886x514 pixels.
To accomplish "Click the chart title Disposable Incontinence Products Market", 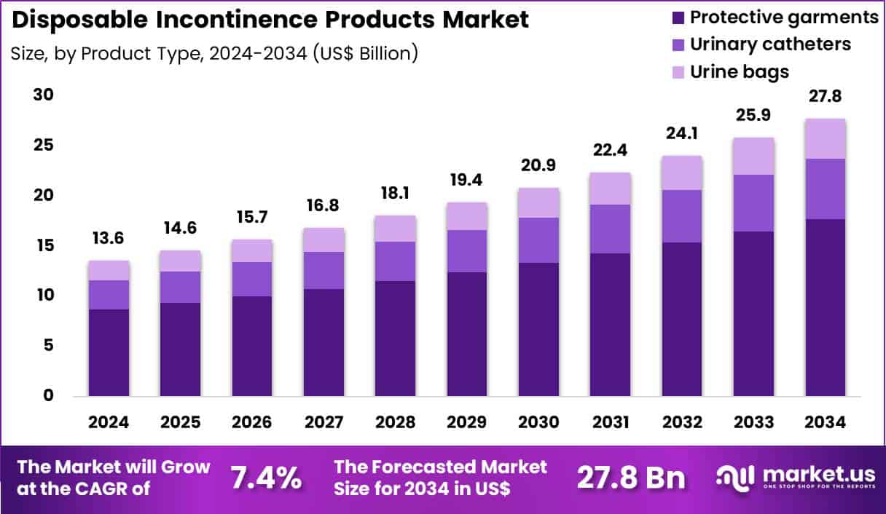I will (x=270, y=20).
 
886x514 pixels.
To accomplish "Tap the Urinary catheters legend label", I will (x=770, y=44).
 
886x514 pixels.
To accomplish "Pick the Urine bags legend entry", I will (x=740, y=71).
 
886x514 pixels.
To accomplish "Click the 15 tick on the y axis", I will (x=44, y=245).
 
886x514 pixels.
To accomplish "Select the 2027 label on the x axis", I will (x=324, y=423).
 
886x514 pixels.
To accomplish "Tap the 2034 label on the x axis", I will (x=826, y=423).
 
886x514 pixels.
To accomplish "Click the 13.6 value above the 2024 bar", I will (x=109, y=238).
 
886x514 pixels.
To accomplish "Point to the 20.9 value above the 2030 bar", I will (x=538, y=165).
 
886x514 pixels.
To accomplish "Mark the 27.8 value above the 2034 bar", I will (x=826, y=96).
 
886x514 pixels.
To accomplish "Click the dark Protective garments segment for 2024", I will (x=109, y=352).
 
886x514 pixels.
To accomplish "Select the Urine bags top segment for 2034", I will (x=826, y=138).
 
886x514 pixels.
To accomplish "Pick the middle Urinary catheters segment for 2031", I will (x=611, y=229).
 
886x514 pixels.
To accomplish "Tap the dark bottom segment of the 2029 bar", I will (x=467, y=334).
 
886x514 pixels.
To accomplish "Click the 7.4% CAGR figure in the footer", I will (x=266, y=478).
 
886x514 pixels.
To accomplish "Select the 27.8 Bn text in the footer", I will (x=631, y=478).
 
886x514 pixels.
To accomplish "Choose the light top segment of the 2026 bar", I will (x=252, y=250).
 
